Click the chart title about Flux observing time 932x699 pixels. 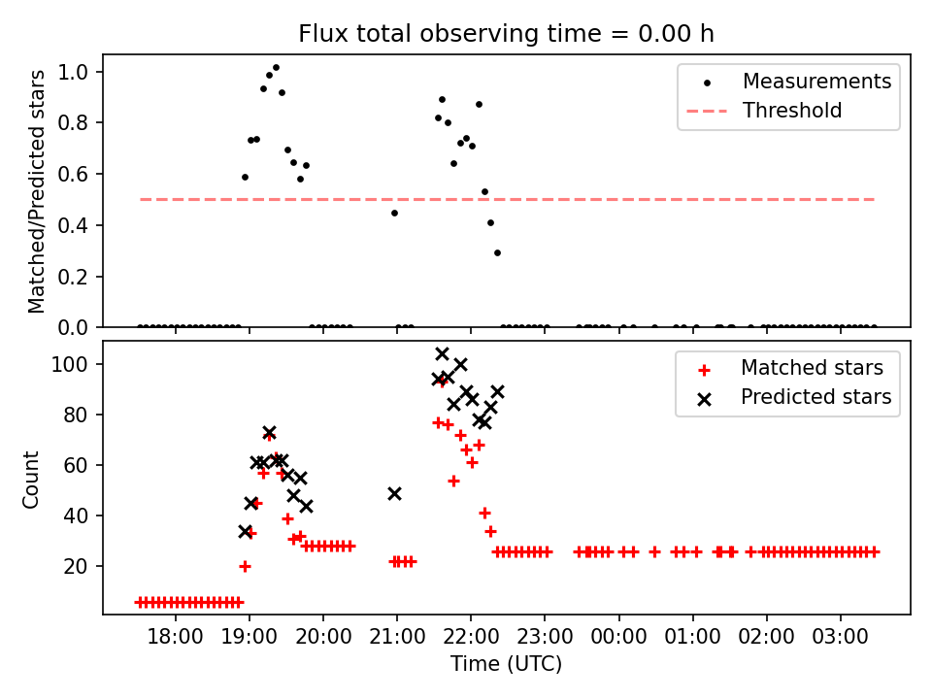click(x=506, y=34)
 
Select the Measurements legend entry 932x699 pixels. click(x=816, y=82)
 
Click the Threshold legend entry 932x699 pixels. click(x=792, y=111)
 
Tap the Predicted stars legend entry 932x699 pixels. click(x=815, y=396)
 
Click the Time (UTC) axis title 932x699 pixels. click(x=506, y=664)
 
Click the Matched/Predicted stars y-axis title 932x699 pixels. click(x=37, y=191)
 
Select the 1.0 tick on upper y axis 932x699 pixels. click(x=76, y=72)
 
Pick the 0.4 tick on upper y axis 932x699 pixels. click(x=76, y=225)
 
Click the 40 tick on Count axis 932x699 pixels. click(x=80, y=516)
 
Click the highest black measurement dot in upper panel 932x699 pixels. click(x=276, y=68)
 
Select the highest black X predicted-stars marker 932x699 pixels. click(x=443, y=353)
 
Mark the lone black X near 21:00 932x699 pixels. click(x=394, y=493)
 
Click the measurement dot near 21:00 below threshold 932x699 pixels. click(x=394, y=213)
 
